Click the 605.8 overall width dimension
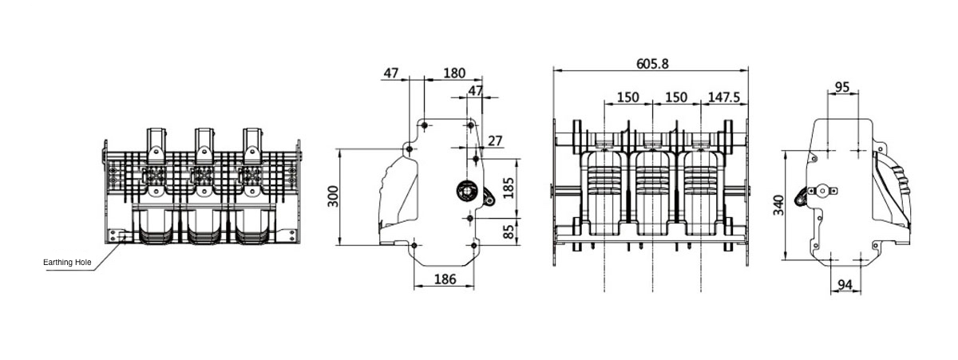[x=652, y=63]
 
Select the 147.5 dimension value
[x=723, y=97]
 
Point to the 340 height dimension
[x=778, y=204]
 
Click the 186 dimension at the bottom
[x=445, y=279]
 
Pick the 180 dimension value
[x=453, y=73]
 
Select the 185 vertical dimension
[x=509, y=188]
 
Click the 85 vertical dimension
[x=509, y=231]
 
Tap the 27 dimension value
[x=495, y=141]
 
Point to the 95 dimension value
[x=842, y=87]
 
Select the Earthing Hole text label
[x=67, y=262]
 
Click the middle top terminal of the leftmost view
[x=204, y=144]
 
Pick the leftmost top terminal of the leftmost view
[x=154, y=144]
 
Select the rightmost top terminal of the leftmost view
[x=253, y=144]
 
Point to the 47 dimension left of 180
[x=390, y=73]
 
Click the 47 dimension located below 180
[x=476, y=91]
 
